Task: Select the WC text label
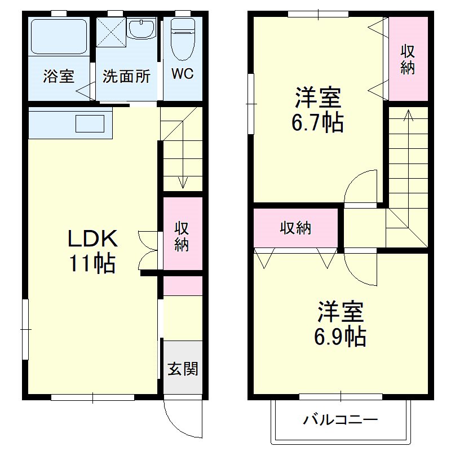[x=183, y=74]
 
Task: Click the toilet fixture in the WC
[x=182, y=38]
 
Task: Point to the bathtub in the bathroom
[x=59, y=36]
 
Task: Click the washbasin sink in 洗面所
[x=142, y=28]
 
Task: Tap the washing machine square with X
[x=110, y=32]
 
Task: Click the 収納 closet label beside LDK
[x=182, y=237]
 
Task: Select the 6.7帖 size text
[x=317, y=122]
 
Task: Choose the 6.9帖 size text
[x=340, y=337]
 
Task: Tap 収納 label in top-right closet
[x=408, y=59]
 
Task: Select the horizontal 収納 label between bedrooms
[x=296, y=228]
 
